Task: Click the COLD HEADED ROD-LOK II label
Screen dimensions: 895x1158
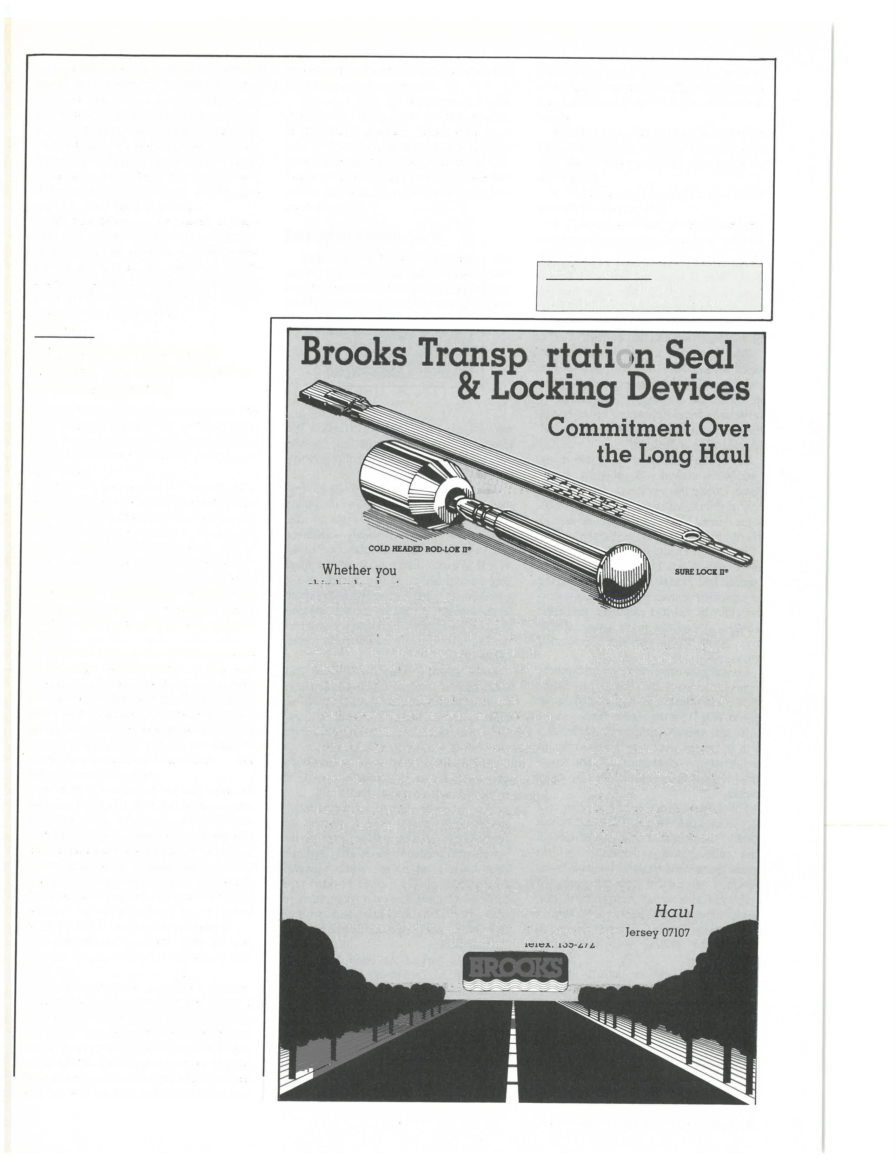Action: tap(420, 549)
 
